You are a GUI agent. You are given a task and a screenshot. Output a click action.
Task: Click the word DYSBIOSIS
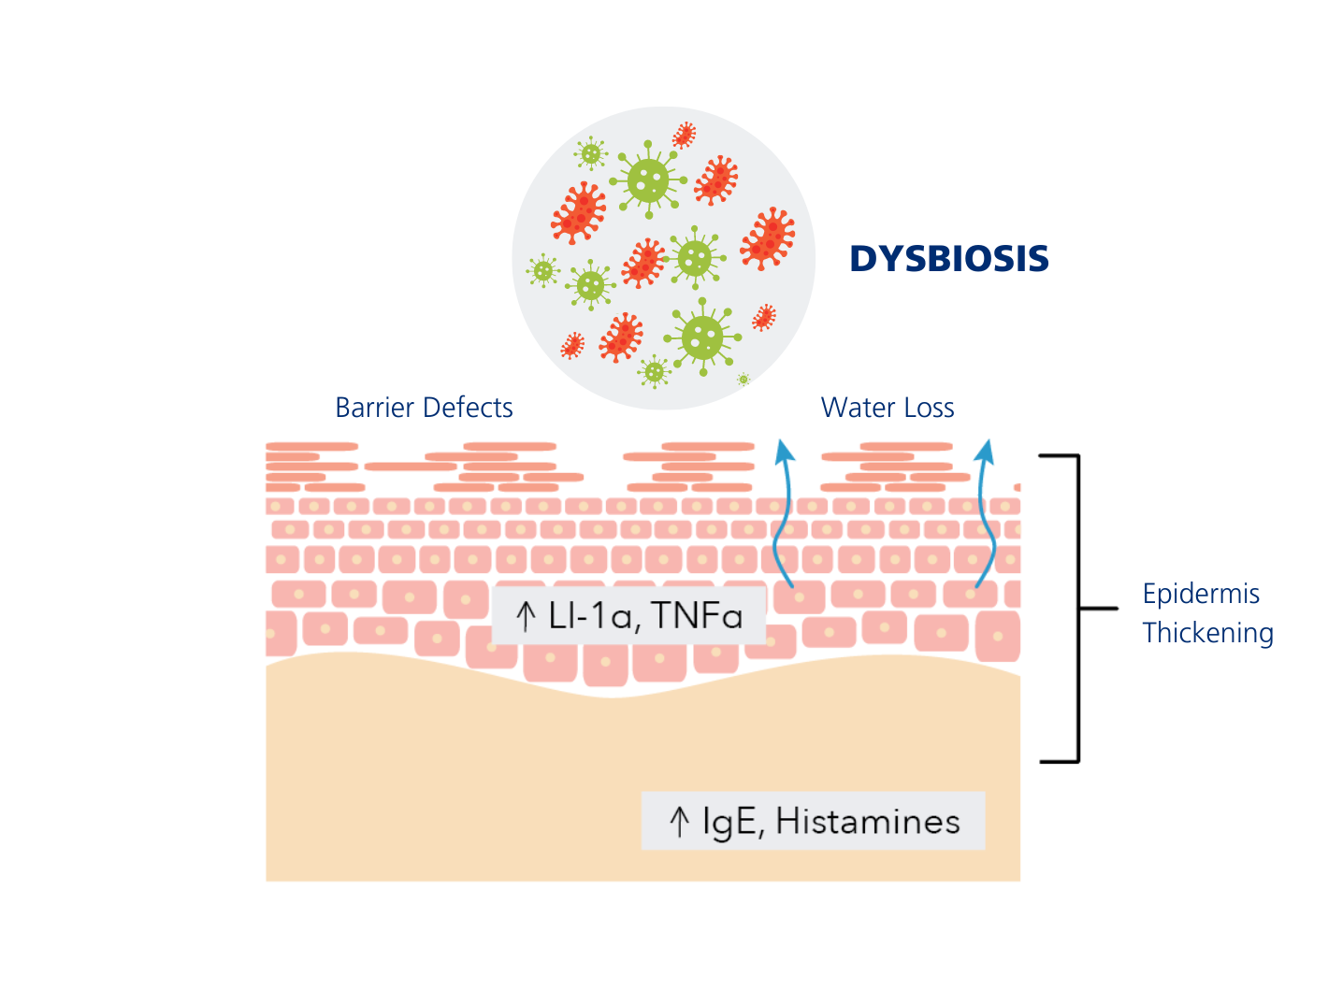(948, 259)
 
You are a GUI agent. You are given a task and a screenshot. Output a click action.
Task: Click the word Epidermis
(1201, 594)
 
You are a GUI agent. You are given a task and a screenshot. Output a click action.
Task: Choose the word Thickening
(1207, 633)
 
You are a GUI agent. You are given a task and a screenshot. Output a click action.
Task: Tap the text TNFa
(697, 616)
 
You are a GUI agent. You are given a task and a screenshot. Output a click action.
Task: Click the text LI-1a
(590, 616)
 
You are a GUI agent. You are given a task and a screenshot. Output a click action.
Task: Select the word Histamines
(868, 822)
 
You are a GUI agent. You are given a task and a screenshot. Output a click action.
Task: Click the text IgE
(729, 822)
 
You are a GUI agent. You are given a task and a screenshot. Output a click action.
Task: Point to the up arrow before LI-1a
(526, 616)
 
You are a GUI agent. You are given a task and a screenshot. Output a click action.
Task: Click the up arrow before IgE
(680, 822)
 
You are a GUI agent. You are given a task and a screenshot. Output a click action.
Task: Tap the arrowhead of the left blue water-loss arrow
(784, 451)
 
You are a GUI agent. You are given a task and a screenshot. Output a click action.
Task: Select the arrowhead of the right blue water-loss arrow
(984, 451)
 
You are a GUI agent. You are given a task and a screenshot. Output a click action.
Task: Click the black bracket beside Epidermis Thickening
(1078, 608)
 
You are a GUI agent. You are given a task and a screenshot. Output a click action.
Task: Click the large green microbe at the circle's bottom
(702, 337)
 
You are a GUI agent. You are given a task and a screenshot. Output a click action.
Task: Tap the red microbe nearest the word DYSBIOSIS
(768, 238)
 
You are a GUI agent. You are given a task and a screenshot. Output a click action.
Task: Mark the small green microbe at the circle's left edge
(542, 271)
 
